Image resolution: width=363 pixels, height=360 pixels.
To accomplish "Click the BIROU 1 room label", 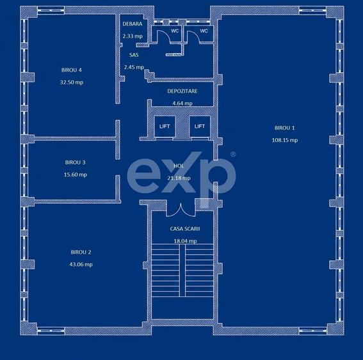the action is point(284,128).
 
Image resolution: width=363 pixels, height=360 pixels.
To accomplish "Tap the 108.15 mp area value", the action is point(285,140).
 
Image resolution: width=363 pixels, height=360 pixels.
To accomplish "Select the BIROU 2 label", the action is point(81,252).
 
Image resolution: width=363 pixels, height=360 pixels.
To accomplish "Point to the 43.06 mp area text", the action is point(81,264).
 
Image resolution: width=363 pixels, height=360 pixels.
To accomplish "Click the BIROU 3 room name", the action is point(76,162).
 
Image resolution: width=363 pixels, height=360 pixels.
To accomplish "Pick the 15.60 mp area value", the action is point(76,175).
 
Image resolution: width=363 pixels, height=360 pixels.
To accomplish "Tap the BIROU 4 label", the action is point(72,70).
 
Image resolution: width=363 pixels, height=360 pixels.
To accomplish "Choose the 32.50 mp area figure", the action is point(72,82).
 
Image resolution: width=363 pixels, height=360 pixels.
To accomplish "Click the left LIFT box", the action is point(165,126).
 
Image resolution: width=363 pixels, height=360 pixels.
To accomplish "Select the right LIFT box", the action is point(200,126).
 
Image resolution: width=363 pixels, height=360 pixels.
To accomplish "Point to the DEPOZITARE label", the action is point(182,91).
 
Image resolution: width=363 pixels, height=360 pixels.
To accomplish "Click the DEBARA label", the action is point(133,24).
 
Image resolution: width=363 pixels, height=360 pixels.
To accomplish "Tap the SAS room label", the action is point(134,55).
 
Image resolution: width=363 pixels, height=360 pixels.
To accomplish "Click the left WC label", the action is point(175,31).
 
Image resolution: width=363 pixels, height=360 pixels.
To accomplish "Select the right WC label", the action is point(204,31).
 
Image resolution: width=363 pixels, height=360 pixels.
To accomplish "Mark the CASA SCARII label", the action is point(185,229).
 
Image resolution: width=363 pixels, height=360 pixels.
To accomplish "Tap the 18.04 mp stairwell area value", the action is point(185,241).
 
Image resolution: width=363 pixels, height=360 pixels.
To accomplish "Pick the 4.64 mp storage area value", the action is point(182,104).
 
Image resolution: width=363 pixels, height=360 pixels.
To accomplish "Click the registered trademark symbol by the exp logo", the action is point(233,154).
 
